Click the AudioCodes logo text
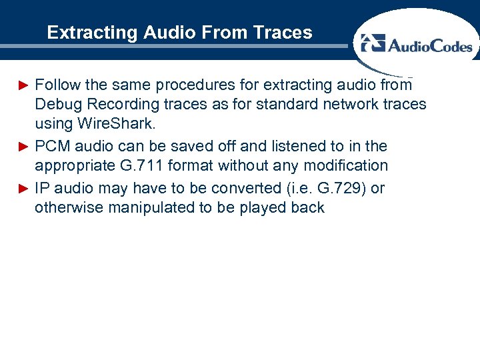pyautogui.click(x=429, y=45)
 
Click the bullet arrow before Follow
pyautogui.click(x=23, y=85)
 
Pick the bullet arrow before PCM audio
pyautogui.click(x=23, y=147)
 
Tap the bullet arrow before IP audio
pyautogui.click(x=23, y=189)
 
